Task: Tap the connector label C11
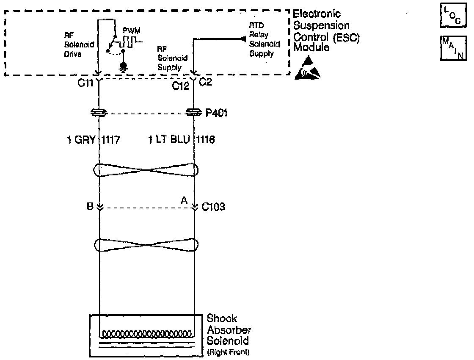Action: point(85,83)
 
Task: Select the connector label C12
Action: point(180,86)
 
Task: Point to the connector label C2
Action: point(205,82)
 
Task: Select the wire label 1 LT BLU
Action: point(169,139)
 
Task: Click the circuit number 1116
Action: point(206,139)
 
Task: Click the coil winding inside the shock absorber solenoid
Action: point(146,333)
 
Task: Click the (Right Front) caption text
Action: point(228,352)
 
